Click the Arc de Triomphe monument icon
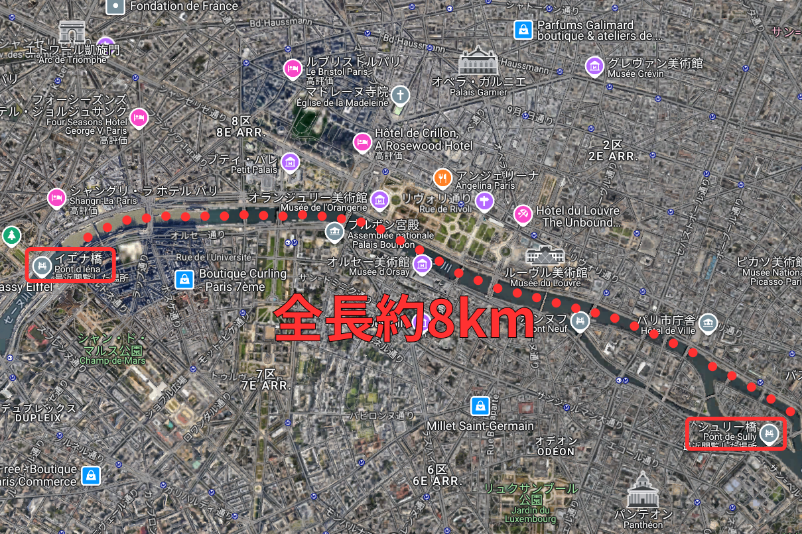(x=72, y=32)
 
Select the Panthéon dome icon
(x=642, y=490)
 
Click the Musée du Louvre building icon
(x=545, y=255)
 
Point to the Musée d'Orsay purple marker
(x=421, y=266)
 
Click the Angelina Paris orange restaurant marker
(x=442, y=178)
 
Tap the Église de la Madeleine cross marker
(x=400, y=95)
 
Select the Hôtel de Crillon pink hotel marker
(x=362, y=142)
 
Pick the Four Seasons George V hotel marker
(x=139, y=117)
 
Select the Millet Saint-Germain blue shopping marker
(x=480, y=405)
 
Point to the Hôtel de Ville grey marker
(x=708, y=323)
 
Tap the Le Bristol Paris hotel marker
(x=292, y=68)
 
